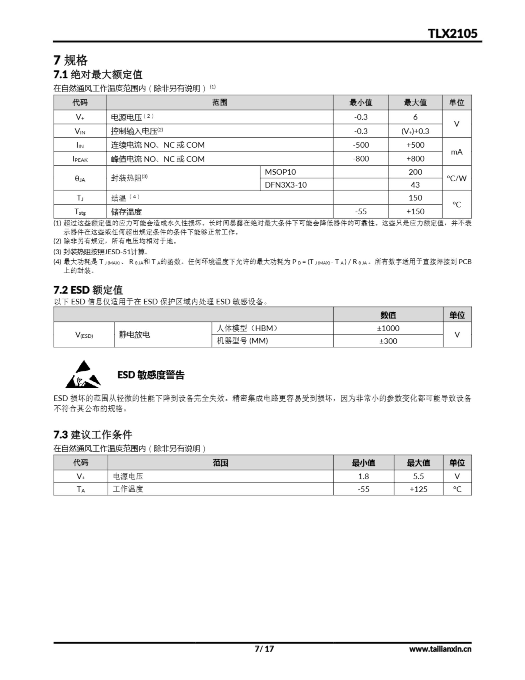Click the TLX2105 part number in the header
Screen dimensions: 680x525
click(452, 33)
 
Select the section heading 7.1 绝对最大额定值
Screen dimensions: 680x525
click(98, 74)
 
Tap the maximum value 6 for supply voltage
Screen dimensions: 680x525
click(415, 117)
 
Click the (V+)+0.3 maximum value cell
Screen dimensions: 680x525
click(415, 131)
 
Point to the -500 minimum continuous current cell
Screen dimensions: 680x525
click(361, 145)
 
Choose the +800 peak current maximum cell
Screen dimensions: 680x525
click(415, 159)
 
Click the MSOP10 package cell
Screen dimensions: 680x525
click(280, 172)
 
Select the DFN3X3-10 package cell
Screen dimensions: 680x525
click(286, 185)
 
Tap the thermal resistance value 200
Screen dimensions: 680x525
click(415, 172)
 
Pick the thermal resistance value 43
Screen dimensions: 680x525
click(415, 185)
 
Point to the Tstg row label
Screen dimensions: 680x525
click(80, 212)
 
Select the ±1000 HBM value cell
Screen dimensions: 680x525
click(388, 328)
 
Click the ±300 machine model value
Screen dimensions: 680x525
click(388, 341)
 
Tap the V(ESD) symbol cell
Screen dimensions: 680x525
click(84, 335)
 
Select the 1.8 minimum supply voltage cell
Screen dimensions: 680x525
click(363, 476)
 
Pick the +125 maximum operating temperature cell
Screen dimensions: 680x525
click(418, 489)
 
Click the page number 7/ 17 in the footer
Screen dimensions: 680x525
click(264, 649)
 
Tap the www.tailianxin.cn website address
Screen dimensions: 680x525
click(440, 649)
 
